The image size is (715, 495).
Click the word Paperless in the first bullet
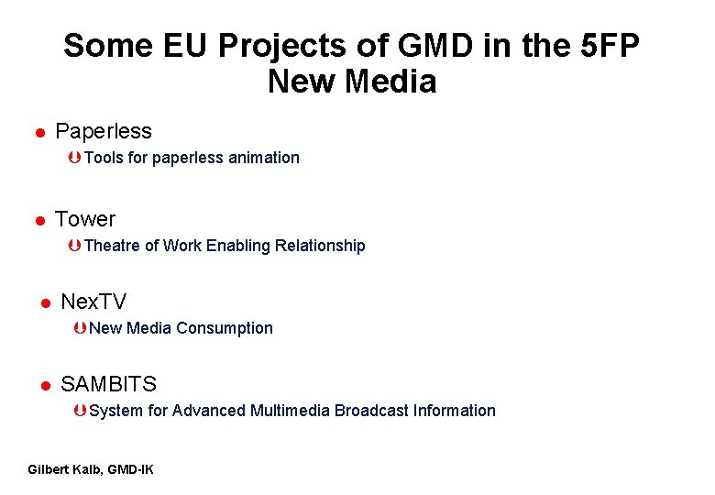[x=104, y=131]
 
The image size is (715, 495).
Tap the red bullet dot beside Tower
[x=40, y=221]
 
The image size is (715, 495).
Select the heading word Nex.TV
[x=93, y=302]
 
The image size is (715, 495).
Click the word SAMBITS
[x=108, y=384]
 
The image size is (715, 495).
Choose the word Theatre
[x=112, y=246]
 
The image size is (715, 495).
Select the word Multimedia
[x=290, y=411]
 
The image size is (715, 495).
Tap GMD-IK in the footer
[x=130, y=469]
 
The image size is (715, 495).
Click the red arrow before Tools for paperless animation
[x=74, y=158]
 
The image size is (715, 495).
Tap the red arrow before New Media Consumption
[x=81, y=328]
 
